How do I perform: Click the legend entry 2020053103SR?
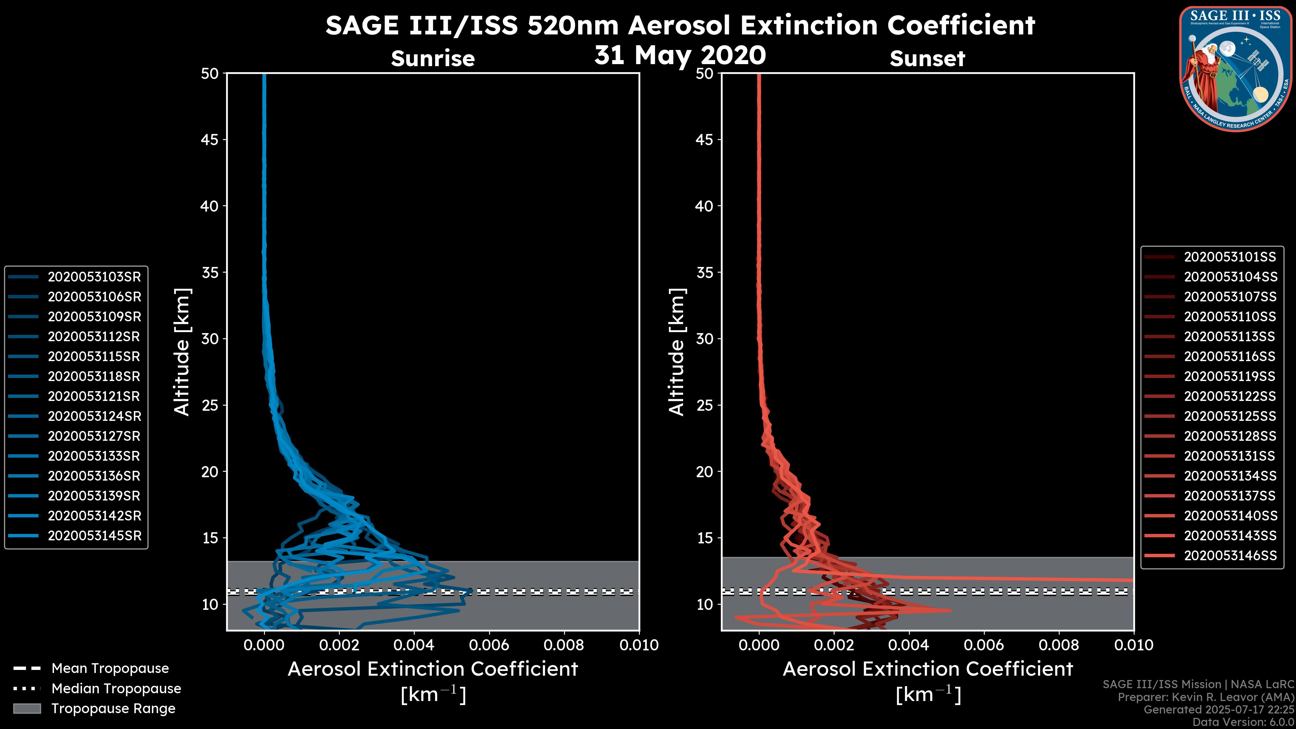[94, 277]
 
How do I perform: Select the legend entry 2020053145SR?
[94, 536]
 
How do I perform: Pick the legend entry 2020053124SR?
[94, 416]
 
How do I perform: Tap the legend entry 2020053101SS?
[1230, 257]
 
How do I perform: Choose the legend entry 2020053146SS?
[1230, 556]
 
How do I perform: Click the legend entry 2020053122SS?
[1230, 397]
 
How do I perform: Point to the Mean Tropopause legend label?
[110, 668]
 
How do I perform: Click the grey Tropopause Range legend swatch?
[27, 708]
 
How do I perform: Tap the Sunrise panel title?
[433, 58]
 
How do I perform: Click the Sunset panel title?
[927, 58]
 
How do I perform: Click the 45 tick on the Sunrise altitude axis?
[210, 139]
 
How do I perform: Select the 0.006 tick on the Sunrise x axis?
[489, 645]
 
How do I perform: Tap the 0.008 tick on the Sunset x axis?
[1059, 645]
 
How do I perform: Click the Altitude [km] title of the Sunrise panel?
[182, 352]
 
